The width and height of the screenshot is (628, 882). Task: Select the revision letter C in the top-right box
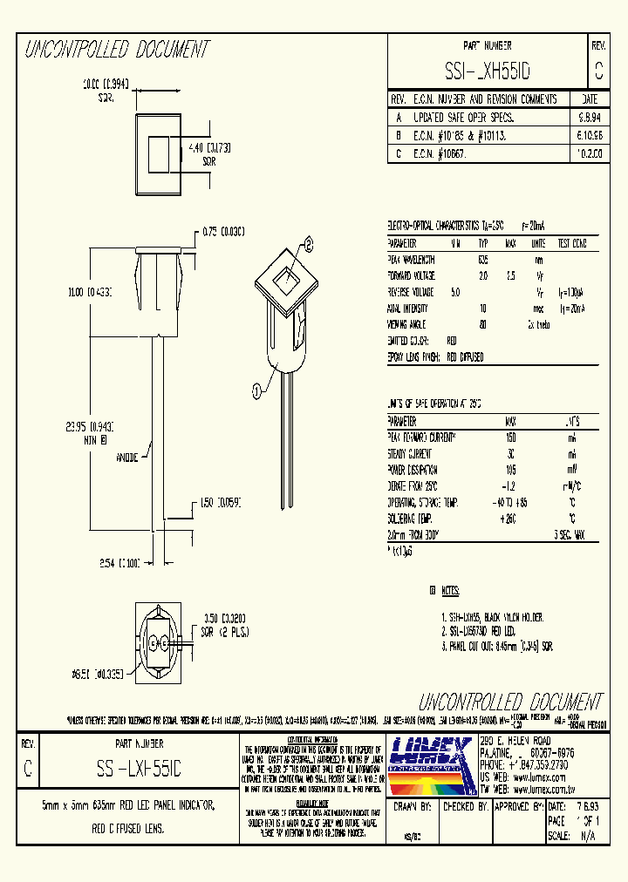click(597, 68)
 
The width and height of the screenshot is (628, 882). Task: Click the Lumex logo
click(431, 765)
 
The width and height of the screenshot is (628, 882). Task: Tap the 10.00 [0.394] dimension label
click(105, 85)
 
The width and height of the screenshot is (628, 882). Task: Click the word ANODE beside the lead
click(127, 456)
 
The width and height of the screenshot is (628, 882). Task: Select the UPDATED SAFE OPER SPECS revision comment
click(462, 116)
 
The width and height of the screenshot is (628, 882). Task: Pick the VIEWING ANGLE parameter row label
click(407, 324)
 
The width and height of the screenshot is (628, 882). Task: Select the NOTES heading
click(448, 591)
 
